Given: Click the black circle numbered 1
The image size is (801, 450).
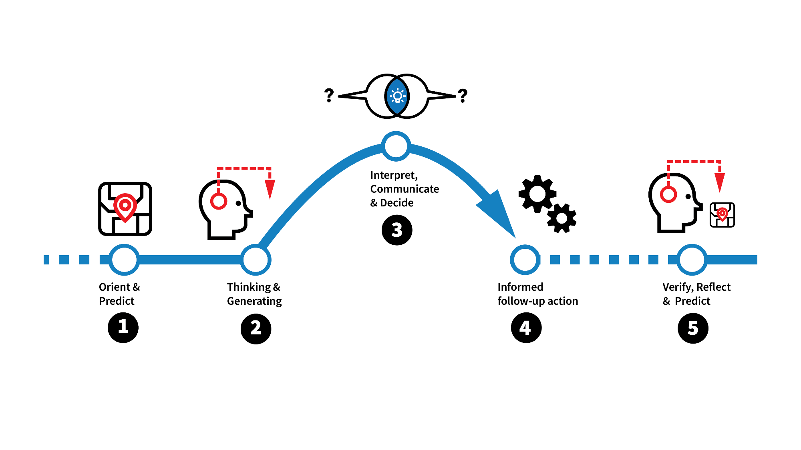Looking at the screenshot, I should coord(123,328).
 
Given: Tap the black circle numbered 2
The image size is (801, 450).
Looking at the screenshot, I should coord(256,328).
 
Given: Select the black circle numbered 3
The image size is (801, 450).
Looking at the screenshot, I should coord(396,230).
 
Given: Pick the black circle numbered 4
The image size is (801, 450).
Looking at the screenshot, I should coord(526,328).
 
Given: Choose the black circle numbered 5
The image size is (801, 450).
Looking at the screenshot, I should coord(693,328).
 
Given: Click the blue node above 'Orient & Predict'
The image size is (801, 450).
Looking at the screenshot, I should coord(124,260).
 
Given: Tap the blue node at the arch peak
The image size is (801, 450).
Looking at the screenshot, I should coord(396,146).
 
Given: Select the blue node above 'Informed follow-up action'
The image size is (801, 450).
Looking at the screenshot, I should coord(525,260).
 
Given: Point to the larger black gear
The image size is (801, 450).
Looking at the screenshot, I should coord(537,194).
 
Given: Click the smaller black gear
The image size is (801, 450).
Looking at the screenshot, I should coord(562,218).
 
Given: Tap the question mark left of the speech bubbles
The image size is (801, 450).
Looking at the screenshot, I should coord(329,95).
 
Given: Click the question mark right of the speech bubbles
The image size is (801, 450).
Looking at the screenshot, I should coord(463,96).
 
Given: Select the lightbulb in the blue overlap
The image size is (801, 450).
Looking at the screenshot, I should coord(397,96).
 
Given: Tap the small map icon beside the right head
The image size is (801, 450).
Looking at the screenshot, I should coord(722,215).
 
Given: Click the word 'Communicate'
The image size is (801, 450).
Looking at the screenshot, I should coord(405,189).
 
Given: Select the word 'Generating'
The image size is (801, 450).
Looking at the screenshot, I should coord(254,301).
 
